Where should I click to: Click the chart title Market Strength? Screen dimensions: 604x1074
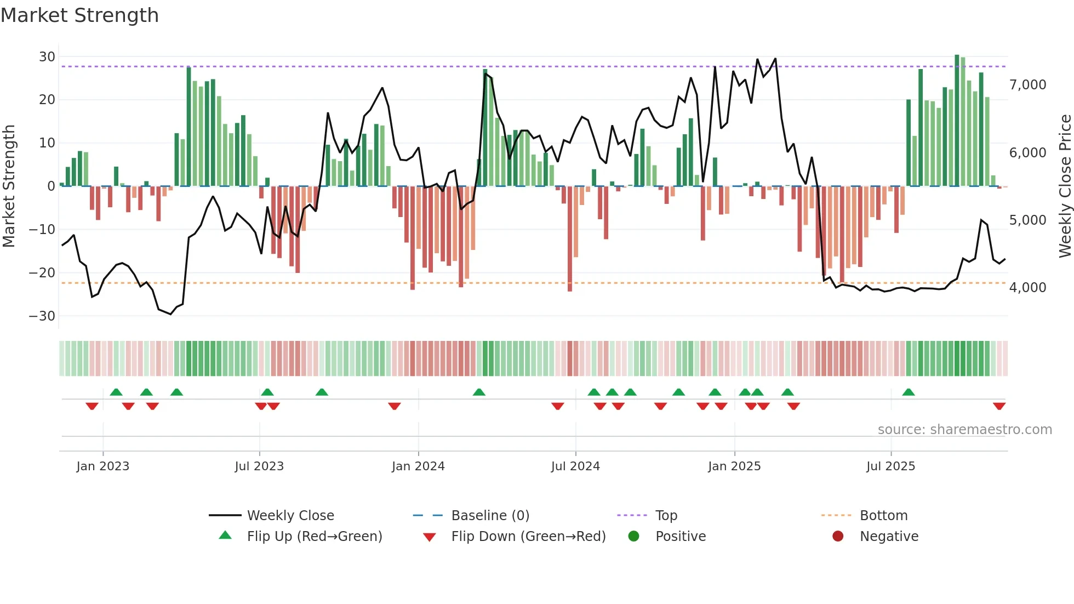point(79,15)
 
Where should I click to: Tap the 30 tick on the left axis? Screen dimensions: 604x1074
point(47,57)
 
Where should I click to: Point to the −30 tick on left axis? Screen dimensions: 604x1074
point(42,316)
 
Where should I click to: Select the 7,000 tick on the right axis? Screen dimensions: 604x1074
point(1027,85)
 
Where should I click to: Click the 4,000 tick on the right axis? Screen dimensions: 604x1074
point(1027,288)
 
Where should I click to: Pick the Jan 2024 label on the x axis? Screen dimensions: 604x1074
point(418,466)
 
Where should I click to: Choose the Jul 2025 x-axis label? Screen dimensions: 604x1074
point(890,466)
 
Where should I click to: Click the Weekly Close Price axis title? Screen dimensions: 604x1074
point(1065,186)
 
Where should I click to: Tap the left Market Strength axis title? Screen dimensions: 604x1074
point(9,186)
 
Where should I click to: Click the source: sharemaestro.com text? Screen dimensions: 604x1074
point(964,430)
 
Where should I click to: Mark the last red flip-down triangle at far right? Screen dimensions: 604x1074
point(999,406)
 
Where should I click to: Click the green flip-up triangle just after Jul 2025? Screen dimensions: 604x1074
point(908,392)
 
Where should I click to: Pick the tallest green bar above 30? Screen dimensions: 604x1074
point(957,121)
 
